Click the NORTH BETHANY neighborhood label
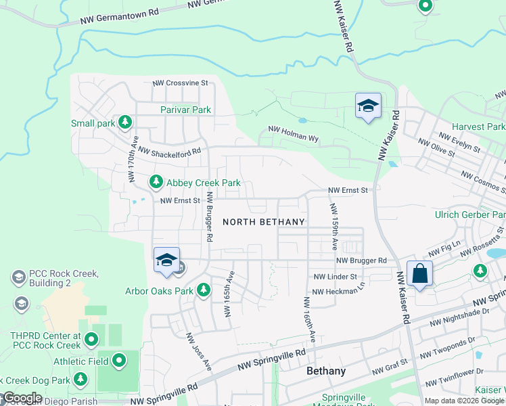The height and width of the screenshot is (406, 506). click(264, 222)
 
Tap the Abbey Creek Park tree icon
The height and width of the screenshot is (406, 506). click(156, 182)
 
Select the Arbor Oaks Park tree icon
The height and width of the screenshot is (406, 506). click(203, 291)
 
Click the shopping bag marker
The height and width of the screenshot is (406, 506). click(420, 274)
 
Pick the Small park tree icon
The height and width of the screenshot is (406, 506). click(124, 122)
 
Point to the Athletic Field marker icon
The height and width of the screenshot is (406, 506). click(120, 361)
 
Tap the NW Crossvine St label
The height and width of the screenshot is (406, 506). click(179, 83)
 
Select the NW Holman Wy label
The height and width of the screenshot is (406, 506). click(293, 133)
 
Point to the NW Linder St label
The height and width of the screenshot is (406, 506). click(335, 277)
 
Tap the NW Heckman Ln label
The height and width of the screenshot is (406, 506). click(338, 292)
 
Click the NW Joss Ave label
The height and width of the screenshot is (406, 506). click(199, 352)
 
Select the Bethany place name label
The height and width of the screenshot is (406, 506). click(326, 371)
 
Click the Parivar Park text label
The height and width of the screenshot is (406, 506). click(186, 110)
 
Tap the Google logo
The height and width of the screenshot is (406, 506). click(22, 398)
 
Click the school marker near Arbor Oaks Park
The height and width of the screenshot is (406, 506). click(166, 261)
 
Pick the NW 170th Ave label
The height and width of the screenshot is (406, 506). click(133, 162)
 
